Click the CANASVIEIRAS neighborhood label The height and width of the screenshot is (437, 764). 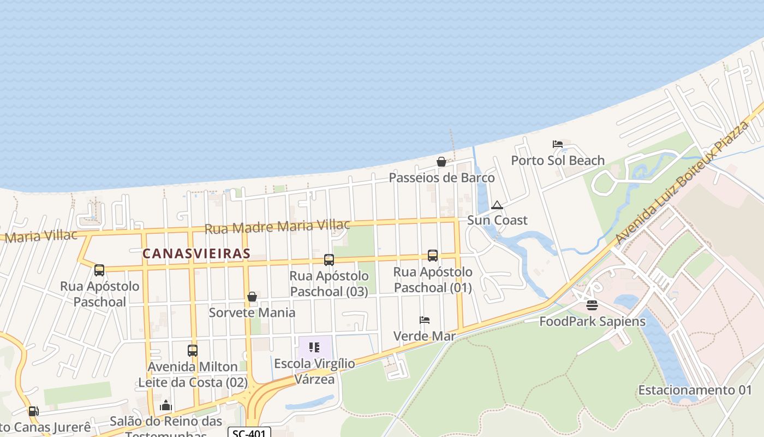click(196, 253)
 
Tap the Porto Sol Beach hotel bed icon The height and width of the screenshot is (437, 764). click(557, 144)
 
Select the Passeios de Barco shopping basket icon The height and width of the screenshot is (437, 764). click(441, 162)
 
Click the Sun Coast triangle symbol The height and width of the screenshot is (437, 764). click(497, 205)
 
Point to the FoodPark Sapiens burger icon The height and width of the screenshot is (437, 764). click(592, 305)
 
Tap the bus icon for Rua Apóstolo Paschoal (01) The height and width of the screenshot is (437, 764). click(433, 255)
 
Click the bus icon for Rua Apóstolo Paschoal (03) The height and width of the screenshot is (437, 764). click(329, 260)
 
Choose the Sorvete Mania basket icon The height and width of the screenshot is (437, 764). click(252, 297)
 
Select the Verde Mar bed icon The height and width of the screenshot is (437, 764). click(425, 320)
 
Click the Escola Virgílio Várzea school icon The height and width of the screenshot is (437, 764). click(314, 347)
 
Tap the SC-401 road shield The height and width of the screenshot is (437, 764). click(249, 433)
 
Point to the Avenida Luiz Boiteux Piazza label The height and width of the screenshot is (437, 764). click(682, 183)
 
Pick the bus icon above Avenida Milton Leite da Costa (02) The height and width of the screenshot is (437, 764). click(193, 351)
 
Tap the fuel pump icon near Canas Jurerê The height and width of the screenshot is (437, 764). click(34, 411)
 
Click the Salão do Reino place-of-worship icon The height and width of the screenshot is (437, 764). click(166, 405)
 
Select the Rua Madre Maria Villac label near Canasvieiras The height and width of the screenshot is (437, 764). click(277, 226)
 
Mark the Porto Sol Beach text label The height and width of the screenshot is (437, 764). click(558, 160)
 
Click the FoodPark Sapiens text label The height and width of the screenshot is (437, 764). click(592, 321)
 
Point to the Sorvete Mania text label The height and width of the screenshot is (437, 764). click(252, 312)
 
